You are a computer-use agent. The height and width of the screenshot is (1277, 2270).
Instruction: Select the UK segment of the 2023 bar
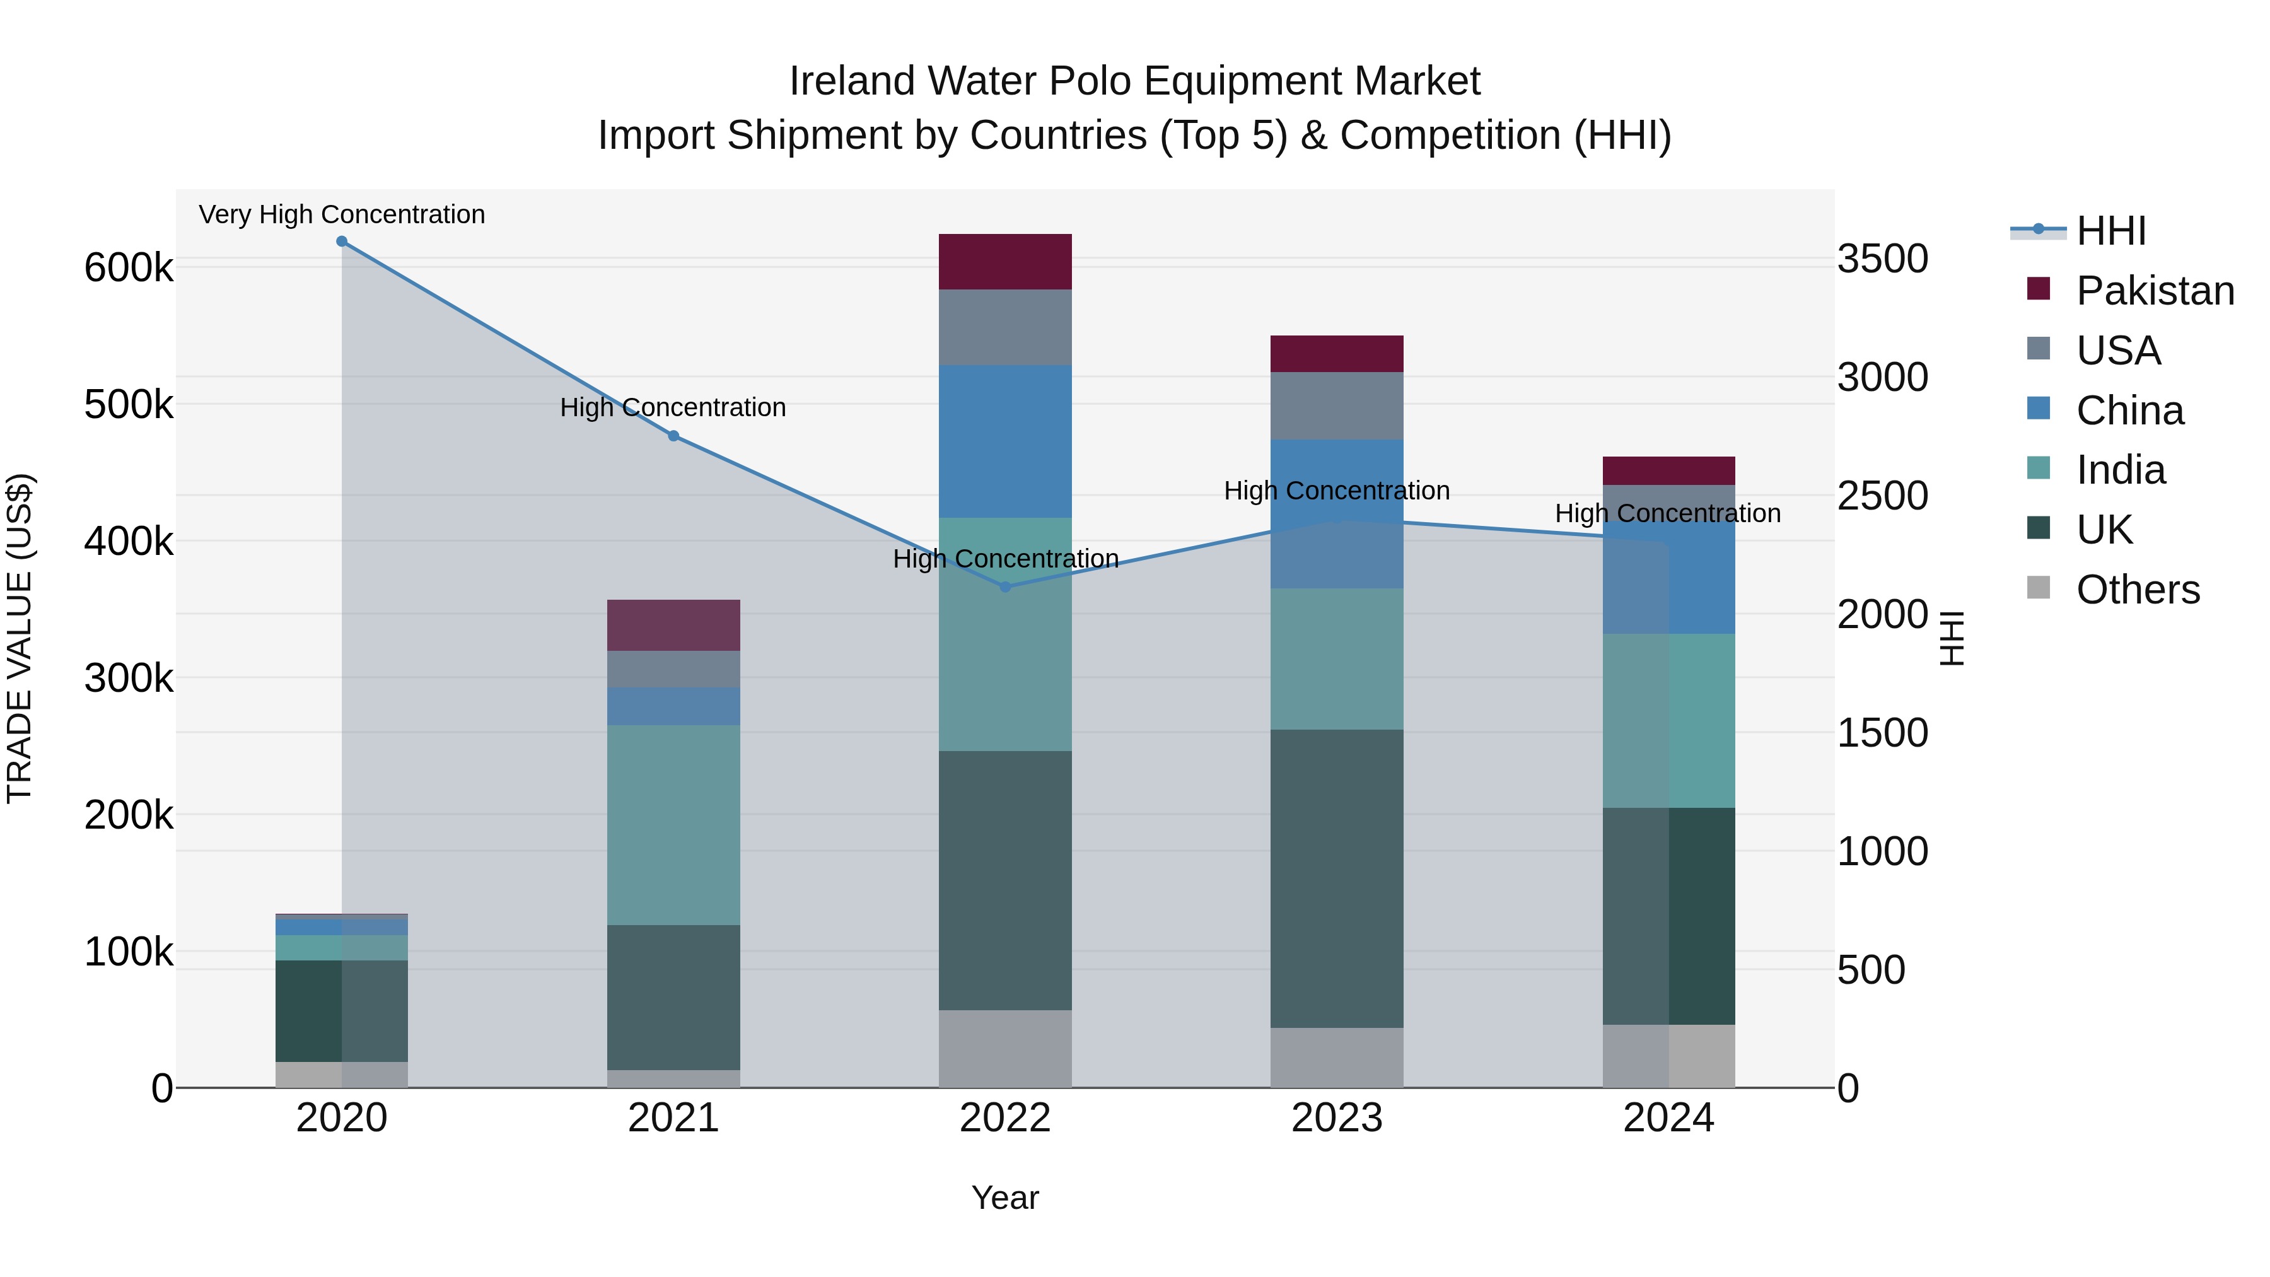pos(1336,878)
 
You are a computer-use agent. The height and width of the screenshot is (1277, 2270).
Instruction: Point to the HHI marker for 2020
pos(342,242)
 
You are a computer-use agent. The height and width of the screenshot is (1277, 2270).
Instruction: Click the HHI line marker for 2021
pos(673,435)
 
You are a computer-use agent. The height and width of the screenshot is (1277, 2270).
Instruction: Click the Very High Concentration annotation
pos(342,214)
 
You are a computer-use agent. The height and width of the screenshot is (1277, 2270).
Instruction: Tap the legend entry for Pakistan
pos(2155,291)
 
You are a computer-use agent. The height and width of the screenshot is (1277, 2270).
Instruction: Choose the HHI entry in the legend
pos(2110,231)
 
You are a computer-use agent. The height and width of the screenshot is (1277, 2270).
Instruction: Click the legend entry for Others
pos(2137,590)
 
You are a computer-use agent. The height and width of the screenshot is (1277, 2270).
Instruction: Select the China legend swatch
pos(2038,409)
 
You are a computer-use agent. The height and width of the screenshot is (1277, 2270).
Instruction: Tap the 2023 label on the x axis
pos(1336,1118)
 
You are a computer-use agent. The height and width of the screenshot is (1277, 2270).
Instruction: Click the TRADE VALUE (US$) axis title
pos(20,638)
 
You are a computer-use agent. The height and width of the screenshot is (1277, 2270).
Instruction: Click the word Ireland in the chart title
pos(851,81)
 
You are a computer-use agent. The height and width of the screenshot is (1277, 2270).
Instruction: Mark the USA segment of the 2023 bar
pos(1336,405)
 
